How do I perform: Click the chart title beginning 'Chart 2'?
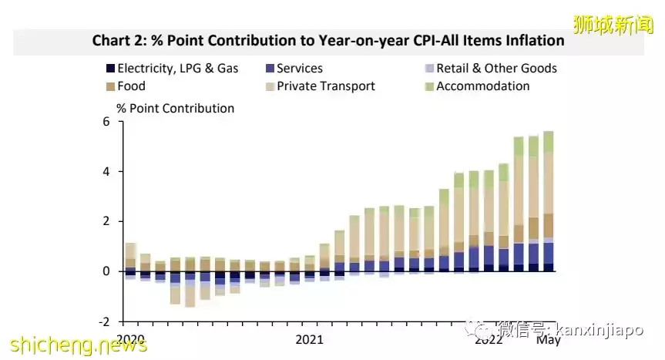(x=328, y=40)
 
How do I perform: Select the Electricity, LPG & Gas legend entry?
(x=173, y=68)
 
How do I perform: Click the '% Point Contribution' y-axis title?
(x=175, y=109)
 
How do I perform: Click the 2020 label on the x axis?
(x=131, y=339)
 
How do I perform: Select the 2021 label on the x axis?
(x=309, y=339)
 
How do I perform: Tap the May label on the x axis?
(x=549, y=340)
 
